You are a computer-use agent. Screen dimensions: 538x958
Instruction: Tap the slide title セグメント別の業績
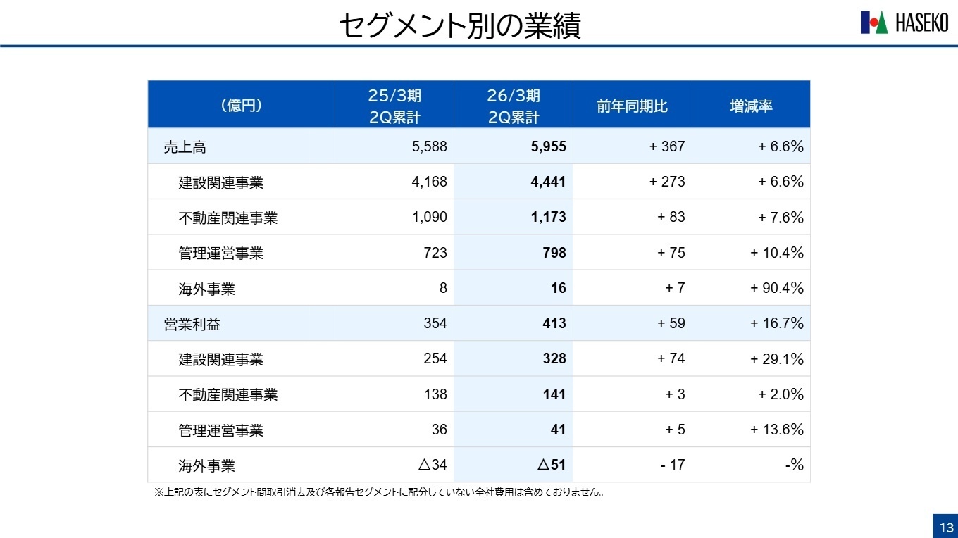pos(459,26)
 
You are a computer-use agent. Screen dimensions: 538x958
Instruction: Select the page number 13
pos(944,527)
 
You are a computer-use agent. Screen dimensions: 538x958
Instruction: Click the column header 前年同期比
pos(632,106)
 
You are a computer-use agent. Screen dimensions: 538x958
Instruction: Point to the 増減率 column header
pos(751,106)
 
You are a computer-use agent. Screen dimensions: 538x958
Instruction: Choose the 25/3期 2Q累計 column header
pos(394,106)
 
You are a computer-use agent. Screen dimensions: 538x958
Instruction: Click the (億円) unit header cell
pos(241,106)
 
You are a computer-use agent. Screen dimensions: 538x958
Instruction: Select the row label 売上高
pos(185,147)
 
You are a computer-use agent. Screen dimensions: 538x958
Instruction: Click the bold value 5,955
pos(547,146)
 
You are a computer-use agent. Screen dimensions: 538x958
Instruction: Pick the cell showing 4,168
pos(429,182)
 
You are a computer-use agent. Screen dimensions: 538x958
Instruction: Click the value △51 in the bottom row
pos(552,465)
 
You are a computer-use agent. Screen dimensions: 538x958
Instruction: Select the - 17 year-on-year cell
pos(672,465)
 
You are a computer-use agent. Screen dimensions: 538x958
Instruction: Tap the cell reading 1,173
pos(548,217)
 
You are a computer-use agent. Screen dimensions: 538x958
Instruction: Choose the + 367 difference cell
pos(666,146)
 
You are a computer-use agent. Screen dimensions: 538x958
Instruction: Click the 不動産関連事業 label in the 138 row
pos(228,395)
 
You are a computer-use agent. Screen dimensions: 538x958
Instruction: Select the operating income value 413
pos(554,323)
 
